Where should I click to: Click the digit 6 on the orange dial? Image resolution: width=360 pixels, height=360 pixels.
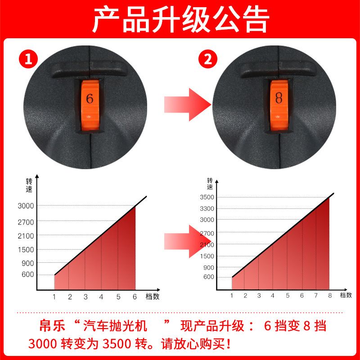pyautogui.click(x=90, y=99)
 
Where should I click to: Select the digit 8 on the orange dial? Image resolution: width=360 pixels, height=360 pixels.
pyautogui.click(x=279, y=98)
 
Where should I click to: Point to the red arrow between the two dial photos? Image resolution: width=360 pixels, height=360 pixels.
pyautogui.click(x=188, y=104)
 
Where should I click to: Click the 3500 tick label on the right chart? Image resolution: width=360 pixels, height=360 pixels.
pyautogui.click(x=207, y=197)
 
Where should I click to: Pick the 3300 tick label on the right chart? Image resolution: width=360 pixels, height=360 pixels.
pyautogui.click(x=207, y=208)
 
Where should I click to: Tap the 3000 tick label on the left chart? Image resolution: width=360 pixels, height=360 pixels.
pyautogui.click(x=26, y=206)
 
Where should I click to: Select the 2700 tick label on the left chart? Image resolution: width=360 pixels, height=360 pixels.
pyautogui.click(x=26, y=222)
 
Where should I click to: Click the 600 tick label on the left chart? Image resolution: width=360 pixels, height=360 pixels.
pyautogui.click(x=28, y=274)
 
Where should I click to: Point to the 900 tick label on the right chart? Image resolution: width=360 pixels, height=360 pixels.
pyautogui.click(x=209, y=267)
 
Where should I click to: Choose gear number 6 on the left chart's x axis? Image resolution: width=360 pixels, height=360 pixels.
pyautogui.click(x=135, y=297)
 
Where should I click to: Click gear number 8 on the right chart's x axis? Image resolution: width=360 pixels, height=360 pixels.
pyautogui.click(x=330, y=296)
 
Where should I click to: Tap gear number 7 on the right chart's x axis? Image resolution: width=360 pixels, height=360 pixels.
pyautogui.click(x=316, y=296)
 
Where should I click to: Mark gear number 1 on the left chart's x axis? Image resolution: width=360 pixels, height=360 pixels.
pyautogui.click(x=54, y=297)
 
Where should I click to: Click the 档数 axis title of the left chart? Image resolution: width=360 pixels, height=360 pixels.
pyautogui.click(x=153, y=297)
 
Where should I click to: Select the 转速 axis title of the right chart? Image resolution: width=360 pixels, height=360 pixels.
pyautogui.click(x=210, y=184)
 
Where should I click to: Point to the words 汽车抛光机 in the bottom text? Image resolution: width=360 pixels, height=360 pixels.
pyautogui.click(x=115, y=326)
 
